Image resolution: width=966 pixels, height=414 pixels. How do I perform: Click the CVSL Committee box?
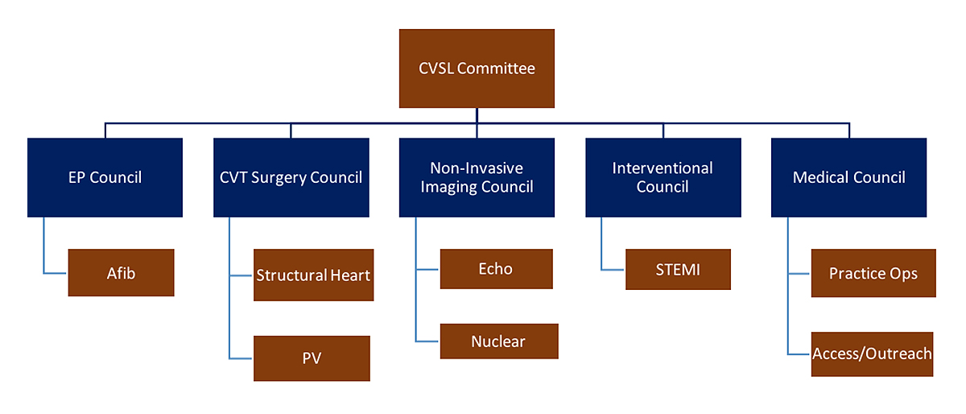[x=477, y=68]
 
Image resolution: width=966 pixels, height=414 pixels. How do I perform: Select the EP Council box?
[x=105, y=177]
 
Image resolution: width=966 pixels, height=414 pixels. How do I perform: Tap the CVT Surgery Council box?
[x=291, y=177]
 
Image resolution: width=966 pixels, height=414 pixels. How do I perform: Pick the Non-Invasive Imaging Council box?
[x=477, y=177]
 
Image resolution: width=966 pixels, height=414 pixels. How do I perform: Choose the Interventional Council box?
[x=663, y=177]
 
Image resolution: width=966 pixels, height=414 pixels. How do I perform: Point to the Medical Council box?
[x=848, y=177]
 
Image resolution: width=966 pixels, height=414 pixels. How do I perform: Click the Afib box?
[x=121, y=273]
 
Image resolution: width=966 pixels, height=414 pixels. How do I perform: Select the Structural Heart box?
[x=313, y=275]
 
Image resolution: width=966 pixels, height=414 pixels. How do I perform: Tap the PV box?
[x=312, y=358]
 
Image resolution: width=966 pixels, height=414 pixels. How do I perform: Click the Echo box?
[x=496, y=269]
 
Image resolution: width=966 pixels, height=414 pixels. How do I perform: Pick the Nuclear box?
[x=498, y=342]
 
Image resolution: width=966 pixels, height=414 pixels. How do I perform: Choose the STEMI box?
[x=678, y=269]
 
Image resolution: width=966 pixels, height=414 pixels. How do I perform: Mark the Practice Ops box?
[x=873, y=273]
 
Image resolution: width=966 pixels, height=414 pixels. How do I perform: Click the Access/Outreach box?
[x=872, y=354]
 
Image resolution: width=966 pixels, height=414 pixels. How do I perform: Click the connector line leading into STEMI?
[x=613, y=268]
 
